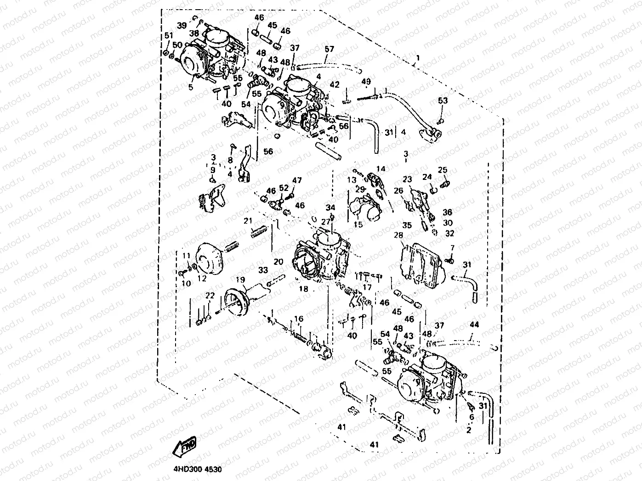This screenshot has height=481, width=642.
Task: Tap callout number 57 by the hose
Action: click(x=330, y=49)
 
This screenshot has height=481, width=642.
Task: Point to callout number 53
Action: click(x=443, y=100)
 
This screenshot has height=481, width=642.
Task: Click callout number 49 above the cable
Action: click(x=366, y=82)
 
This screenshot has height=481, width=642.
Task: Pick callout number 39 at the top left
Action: click(x=182, y=25)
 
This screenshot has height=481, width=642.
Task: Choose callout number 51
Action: click(x=169, y=36)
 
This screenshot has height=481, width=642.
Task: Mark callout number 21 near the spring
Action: click(x=248, y=221)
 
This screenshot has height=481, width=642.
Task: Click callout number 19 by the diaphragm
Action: click(x=240, y=280)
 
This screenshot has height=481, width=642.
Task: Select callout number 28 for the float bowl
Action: click(x=398, y=235)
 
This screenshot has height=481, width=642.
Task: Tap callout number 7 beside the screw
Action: click(x=452, y=248)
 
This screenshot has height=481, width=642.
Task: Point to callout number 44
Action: click(x=474, y=324)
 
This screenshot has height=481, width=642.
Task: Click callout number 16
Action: click(x=299, y=319)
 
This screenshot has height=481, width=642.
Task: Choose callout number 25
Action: click(x=443, y=170)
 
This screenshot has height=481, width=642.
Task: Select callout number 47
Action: click(x=297, y=180)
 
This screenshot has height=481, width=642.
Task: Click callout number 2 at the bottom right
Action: click(x=469, y=430)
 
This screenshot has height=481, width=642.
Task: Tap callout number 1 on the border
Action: click(x=418, y=58)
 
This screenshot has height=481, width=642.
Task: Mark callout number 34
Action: click(x=331, y=208)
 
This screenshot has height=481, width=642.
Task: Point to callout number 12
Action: click(x=202, y=278)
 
